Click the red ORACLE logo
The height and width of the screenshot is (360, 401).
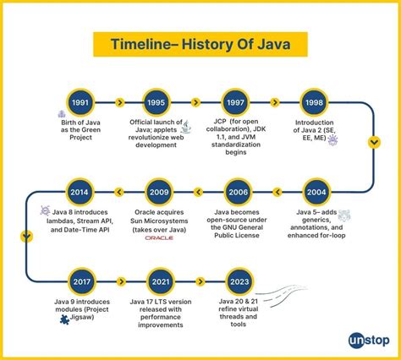click(158, 239)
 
